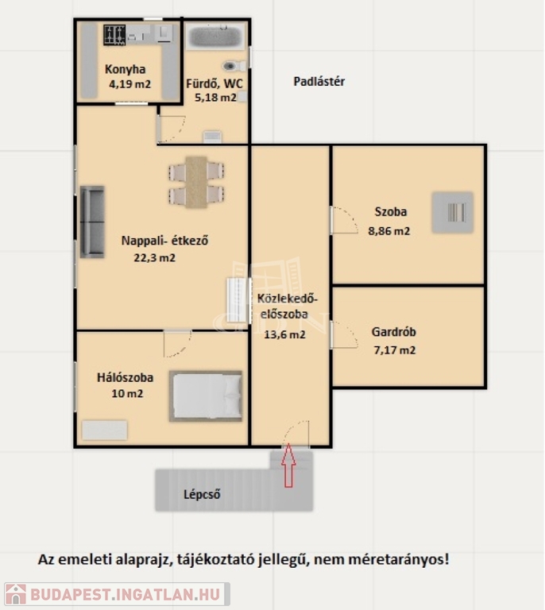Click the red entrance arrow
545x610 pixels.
[288, 465]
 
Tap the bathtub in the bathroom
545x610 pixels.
[215, 37]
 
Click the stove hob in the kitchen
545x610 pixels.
[114, 35]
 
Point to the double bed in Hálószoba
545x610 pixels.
[206, 396]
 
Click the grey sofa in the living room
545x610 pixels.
[92, 222]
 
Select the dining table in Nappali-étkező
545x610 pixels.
[196, 182]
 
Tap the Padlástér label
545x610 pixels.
[319, 82]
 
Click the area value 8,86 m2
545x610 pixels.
[389, 231]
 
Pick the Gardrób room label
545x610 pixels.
[394, 332]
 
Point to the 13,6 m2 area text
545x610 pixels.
[284, 334]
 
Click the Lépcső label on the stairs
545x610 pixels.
[202, 495]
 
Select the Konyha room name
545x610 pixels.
[125, 69]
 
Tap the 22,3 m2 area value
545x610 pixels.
[154, 257]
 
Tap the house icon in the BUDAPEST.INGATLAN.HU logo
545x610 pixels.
[16, 594]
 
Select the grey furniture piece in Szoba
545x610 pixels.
[452, 212]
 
